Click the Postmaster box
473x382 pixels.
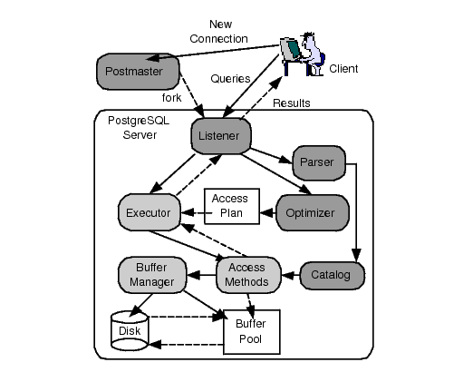(138, 72)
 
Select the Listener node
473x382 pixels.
(221, 136)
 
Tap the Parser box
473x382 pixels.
(319, 163)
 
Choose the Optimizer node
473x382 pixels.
(313, 213)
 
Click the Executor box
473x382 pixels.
(150, 212)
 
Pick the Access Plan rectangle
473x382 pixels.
(232, 206)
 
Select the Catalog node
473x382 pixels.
(332, 276)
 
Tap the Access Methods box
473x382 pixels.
(248, 275)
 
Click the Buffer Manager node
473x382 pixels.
(152, 275)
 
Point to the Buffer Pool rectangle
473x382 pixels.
(252, 332)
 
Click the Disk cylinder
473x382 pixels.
(130, 330)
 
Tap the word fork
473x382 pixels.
(171, 98)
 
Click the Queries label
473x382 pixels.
(230, 79)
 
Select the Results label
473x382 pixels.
(292, 103)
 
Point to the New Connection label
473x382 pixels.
(219, 32)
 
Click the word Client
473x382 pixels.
(343, 69)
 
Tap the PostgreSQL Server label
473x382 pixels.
(139, 128)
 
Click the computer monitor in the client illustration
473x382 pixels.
(291, 49)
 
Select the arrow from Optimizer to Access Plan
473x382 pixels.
(268, 212)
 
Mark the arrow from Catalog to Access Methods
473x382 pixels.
(291, 276)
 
